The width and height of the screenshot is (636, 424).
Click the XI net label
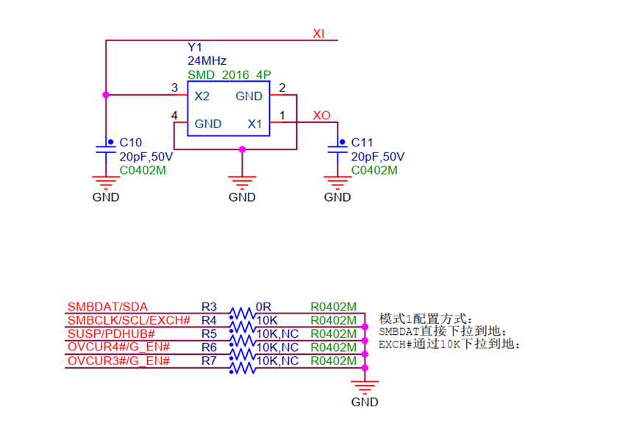pos(318,33)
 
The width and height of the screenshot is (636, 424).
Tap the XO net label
pos(321,116)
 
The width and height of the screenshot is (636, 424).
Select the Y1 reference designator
pos(195,47)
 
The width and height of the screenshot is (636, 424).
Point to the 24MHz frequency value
pos(207,60)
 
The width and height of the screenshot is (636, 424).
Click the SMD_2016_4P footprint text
pos(229,75)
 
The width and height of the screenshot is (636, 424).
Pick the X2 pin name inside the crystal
pos(202,96)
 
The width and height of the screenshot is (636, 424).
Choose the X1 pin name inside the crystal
pos(254,124)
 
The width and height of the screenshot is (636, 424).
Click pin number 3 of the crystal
pos(174,88)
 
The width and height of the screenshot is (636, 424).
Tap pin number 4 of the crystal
pos(174,116)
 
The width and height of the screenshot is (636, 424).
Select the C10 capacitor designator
pos(131,143)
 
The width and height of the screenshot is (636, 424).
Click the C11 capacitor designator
pos(362,143)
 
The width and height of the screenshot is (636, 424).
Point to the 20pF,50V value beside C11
pos(378,157)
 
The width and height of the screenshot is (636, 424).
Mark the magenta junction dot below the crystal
pos(242,149)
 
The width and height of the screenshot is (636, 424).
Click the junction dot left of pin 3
pos(106,95)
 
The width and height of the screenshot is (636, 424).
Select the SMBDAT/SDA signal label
pos(107,307)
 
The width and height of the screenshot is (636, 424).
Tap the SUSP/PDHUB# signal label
pos(111,334)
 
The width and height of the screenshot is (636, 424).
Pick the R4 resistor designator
pos(209,320)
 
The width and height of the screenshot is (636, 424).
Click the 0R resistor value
pos(263,307)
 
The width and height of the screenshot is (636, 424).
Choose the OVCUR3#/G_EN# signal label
pos(118,361)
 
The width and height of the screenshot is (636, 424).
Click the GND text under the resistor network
pos(365,402)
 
